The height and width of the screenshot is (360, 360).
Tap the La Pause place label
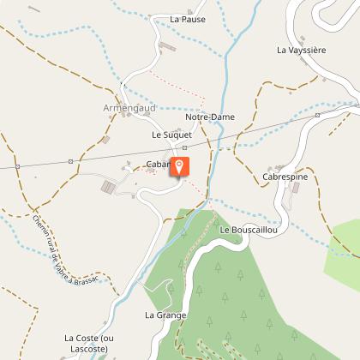[x=188, y=19]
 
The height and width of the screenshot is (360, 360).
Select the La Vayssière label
[x=302, y=51]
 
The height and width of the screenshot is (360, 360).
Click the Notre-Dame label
[x=210, y=117]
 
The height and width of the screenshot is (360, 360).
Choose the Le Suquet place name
[x=171, y=135]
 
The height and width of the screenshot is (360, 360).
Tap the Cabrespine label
[x=285, y=177]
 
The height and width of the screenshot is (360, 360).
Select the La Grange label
[x=165, y=315]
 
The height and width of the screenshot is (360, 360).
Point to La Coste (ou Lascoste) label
[x=89, y=343]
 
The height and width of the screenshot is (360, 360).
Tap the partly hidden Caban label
[x=158, y=164]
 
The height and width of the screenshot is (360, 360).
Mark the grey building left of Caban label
[x=109, y=186]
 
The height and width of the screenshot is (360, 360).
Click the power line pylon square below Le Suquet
[x=184, y=147]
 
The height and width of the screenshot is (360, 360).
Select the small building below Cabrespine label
[x=296, y=187]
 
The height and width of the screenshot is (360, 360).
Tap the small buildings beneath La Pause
[x=166, y=48]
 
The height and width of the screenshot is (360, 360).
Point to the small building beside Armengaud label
[x=106, y=139]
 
